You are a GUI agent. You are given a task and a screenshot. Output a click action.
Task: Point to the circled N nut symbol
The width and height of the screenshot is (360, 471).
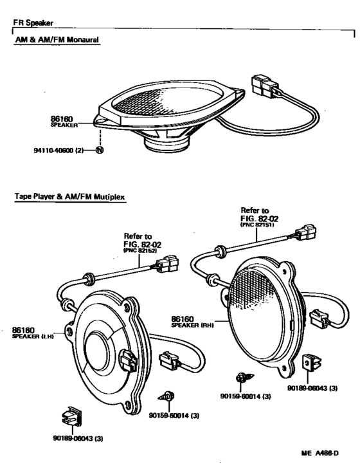[x=100, y=151]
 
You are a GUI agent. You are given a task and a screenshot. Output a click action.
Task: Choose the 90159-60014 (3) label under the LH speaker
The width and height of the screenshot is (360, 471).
[x=174, y=415]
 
